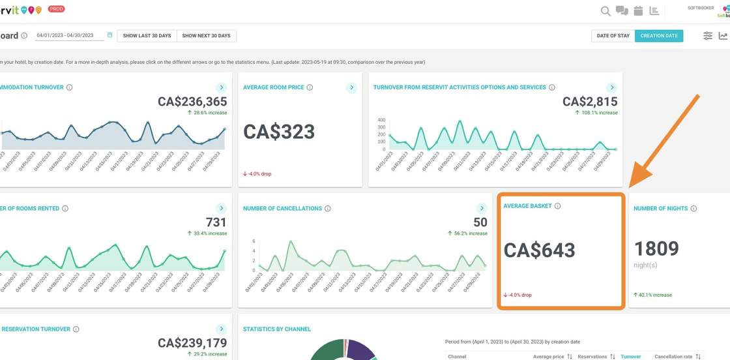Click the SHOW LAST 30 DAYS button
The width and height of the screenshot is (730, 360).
147,36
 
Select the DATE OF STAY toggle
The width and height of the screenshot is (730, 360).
613,36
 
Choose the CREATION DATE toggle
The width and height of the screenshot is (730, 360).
659,36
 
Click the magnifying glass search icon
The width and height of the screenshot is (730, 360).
606,11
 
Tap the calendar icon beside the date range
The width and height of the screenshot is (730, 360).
109,35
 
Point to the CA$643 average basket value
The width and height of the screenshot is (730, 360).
539,250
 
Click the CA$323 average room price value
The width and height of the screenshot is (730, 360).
279,132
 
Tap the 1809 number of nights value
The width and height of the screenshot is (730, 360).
656,248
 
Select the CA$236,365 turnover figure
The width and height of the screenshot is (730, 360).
192,101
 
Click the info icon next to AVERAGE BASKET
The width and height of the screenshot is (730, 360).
557,206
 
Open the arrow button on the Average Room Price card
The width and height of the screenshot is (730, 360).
351,87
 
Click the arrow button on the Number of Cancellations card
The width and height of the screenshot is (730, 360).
482,209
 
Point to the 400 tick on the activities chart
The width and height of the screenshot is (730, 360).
381,120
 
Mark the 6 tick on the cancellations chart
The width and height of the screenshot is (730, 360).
254,241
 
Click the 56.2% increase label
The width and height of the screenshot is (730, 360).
467,233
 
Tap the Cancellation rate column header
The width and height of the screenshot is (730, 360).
673,357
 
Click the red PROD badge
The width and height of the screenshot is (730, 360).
57,9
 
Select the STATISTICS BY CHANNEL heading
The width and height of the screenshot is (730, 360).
277,329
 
